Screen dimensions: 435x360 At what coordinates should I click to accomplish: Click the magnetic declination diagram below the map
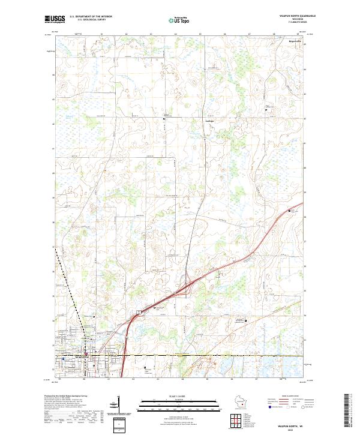tap(124, 415)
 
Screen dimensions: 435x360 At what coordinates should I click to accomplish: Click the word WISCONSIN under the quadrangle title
tap(298, 19)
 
